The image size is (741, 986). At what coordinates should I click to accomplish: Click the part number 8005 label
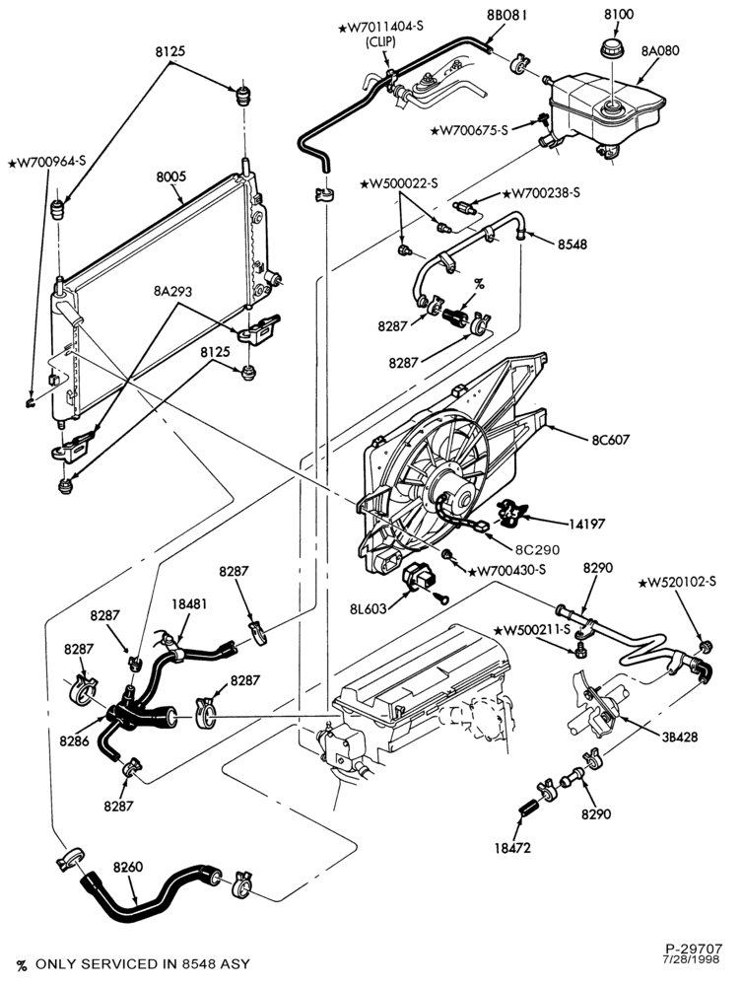point(170,176)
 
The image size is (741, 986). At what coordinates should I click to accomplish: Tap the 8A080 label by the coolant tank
point(660,50)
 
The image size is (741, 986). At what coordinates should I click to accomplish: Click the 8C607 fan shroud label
point(610,440)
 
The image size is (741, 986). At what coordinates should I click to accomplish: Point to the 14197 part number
point(587,524)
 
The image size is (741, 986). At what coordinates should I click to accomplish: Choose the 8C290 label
point(537,549)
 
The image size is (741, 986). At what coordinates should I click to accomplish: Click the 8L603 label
point(368,608)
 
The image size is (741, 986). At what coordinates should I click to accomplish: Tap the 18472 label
point(512,848)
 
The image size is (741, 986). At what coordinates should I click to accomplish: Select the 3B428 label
point(679,737)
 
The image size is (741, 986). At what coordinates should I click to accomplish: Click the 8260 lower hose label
point(127,867)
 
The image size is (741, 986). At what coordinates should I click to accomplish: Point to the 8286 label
point(75,740)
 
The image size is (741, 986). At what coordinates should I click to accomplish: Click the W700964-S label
point(46,163)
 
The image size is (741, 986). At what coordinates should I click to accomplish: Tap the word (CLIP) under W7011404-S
point(380,42)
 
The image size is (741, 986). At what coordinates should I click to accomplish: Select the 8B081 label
point(505,15)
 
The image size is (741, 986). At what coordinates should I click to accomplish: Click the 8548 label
point(572,244)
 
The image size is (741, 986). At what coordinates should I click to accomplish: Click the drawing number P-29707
point(695,949)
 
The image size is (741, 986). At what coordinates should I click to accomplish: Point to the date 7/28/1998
point(691,959)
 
